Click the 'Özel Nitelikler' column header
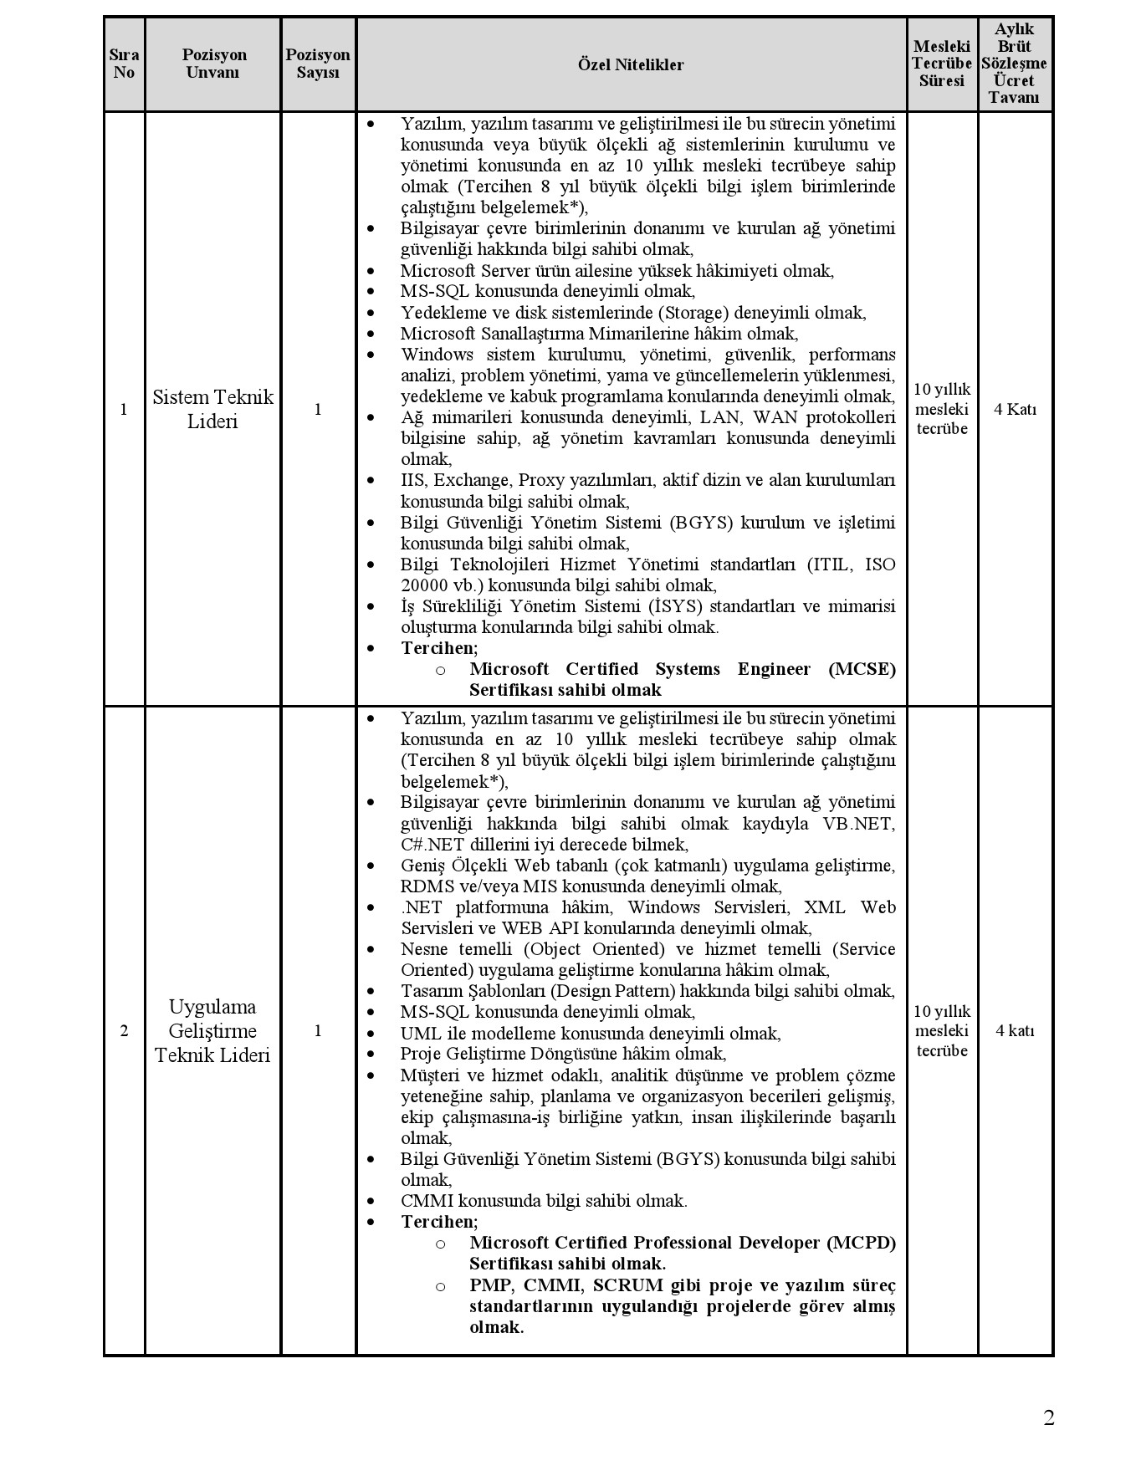point(631,64)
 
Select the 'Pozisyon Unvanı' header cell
point(214,64)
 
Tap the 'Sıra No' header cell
point(124,64)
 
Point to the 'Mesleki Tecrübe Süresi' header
point(942,64)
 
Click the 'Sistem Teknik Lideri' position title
point(212,409)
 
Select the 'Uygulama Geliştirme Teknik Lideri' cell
point(212,1030)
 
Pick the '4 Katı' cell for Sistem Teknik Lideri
point(1015,409)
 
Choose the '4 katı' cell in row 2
point(1015,1030)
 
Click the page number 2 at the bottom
point(1048,1417)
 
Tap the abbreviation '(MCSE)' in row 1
point(862,669)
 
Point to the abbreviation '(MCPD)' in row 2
point(862,1243)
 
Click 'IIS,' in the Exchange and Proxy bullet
point(414,480)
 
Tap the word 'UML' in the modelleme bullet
point(418,1033)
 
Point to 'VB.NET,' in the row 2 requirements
point(859,824)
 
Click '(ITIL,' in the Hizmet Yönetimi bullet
point(831,564)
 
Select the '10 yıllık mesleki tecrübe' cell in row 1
point(942,409)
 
